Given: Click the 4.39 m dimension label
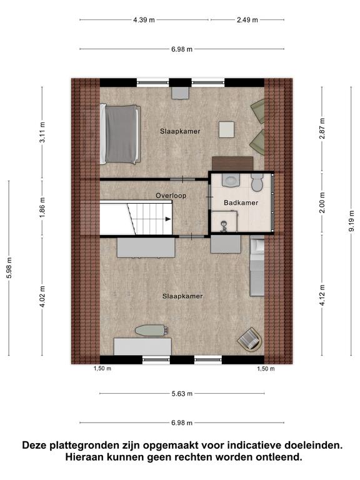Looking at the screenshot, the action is pyautogui.click(x=144, y=20).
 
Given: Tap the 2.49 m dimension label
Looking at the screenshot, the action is pyautogui.click(x=247, y=20).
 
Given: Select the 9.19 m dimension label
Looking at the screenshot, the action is pyautogui.click(x=351, y=221).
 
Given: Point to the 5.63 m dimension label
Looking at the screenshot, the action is pyautogui.click(x=182, y=394).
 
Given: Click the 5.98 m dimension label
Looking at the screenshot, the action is pyautogui.click(x=9, y=268).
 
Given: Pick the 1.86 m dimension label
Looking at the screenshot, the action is pyautogui.click(x=42, y=207).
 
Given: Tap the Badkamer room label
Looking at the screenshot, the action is pyautogui.click(x=241, y=202).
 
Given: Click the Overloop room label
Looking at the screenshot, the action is pyautogui.click(x=171, y=196).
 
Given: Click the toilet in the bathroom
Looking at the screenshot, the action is pyautogui.click(x=257, y=182).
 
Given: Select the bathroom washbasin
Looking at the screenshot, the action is pyautogui.click(x=231, y=180).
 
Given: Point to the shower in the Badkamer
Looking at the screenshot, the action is pyautogui.click(x=225, y=221).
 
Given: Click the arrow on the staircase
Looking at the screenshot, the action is pyautogui.click(x=168, y=219).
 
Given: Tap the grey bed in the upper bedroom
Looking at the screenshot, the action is pyautogui.click(x=120, y=134).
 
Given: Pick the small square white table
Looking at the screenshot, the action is pyautogui.click(x=226, y=129).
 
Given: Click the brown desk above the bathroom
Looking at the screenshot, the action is pyautogui.click(x=232, y=164).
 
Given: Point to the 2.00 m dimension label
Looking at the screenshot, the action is pyautogui.click(x=322, y=202).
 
